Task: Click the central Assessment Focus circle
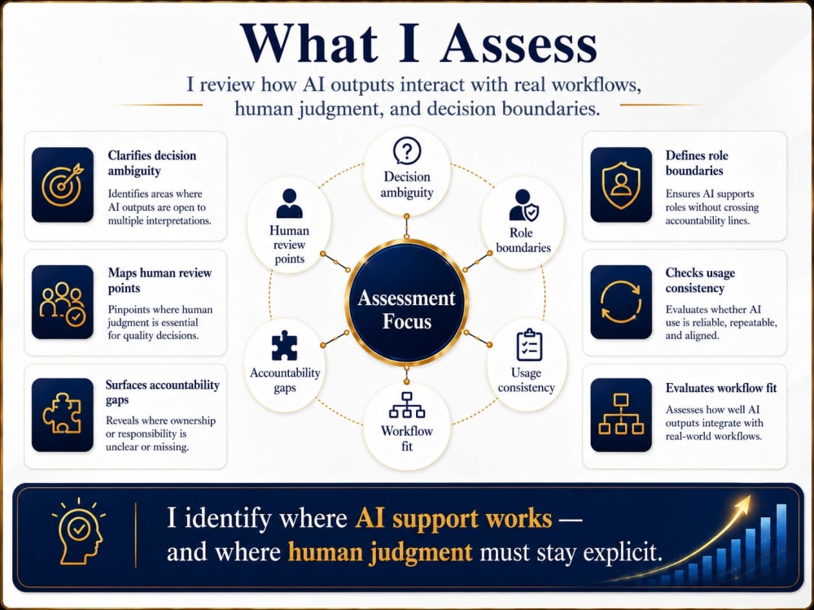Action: point(407,303)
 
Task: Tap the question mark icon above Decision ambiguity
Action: point(407,151)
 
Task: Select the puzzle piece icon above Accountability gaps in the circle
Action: point(284,346)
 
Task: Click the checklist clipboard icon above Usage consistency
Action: point(530,345)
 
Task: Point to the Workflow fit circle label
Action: point(407,438)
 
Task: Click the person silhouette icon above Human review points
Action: point(289,203)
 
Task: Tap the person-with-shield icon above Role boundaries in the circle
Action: point(523,206)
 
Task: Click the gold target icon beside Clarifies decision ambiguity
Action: point(63,185)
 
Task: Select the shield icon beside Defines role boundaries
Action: point(621,185)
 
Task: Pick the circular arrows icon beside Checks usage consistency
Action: point(621,302)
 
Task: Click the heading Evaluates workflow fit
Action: point(721,388)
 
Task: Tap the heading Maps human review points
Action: point(160,280)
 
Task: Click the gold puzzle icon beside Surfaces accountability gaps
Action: point(63,413)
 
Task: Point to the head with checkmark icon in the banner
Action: point(79,533)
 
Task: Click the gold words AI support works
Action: point(453,518)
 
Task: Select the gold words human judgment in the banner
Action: point(380,552)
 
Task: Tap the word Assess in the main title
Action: point(519,44)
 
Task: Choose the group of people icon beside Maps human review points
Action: point(63,303)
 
